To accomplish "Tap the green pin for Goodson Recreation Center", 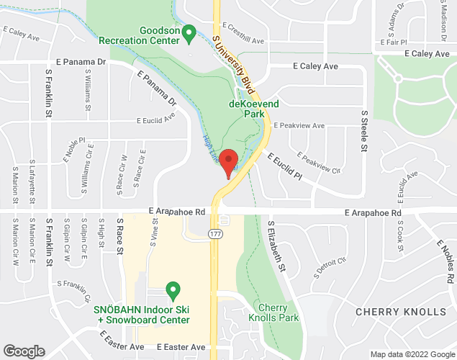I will [189, 32].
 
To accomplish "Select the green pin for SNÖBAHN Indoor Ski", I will [173, 291].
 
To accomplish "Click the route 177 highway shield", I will [215, 235].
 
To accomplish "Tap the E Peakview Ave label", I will [299, 125].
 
